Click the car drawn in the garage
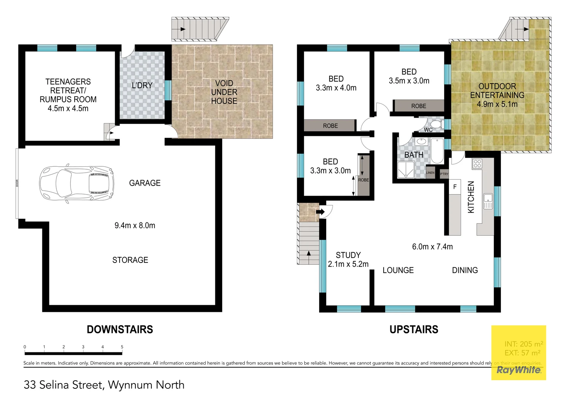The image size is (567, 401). click(x=77, y=184)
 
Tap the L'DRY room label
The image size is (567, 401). click(x=142, y=85)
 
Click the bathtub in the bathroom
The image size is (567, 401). click(x=437, y=151)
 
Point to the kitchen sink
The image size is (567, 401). click(x=488, y=201)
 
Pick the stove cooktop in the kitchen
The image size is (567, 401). click(x=477, y=163)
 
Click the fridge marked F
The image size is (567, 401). click(x=455, y=187)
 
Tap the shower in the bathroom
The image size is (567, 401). click(x=406, y=170)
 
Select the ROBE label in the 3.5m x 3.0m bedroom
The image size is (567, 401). click(x=419, y=106)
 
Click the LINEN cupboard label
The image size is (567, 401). click(x=430, y=173)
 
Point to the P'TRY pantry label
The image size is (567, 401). click(x=444, y=174)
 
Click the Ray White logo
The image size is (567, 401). click(x=518, y=370)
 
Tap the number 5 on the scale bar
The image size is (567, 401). click(x=122, y=347)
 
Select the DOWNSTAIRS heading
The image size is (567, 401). click(x=120, y=329)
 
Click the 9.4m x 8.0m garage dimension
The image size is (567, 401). click(x=135, y=225)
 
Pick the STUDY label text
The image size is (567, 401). click(x=348, y=255)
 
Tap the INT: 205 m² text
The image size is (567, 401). click(x=524, y=344)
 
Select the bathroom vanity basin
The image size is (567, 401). click(x=421, y=141)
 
